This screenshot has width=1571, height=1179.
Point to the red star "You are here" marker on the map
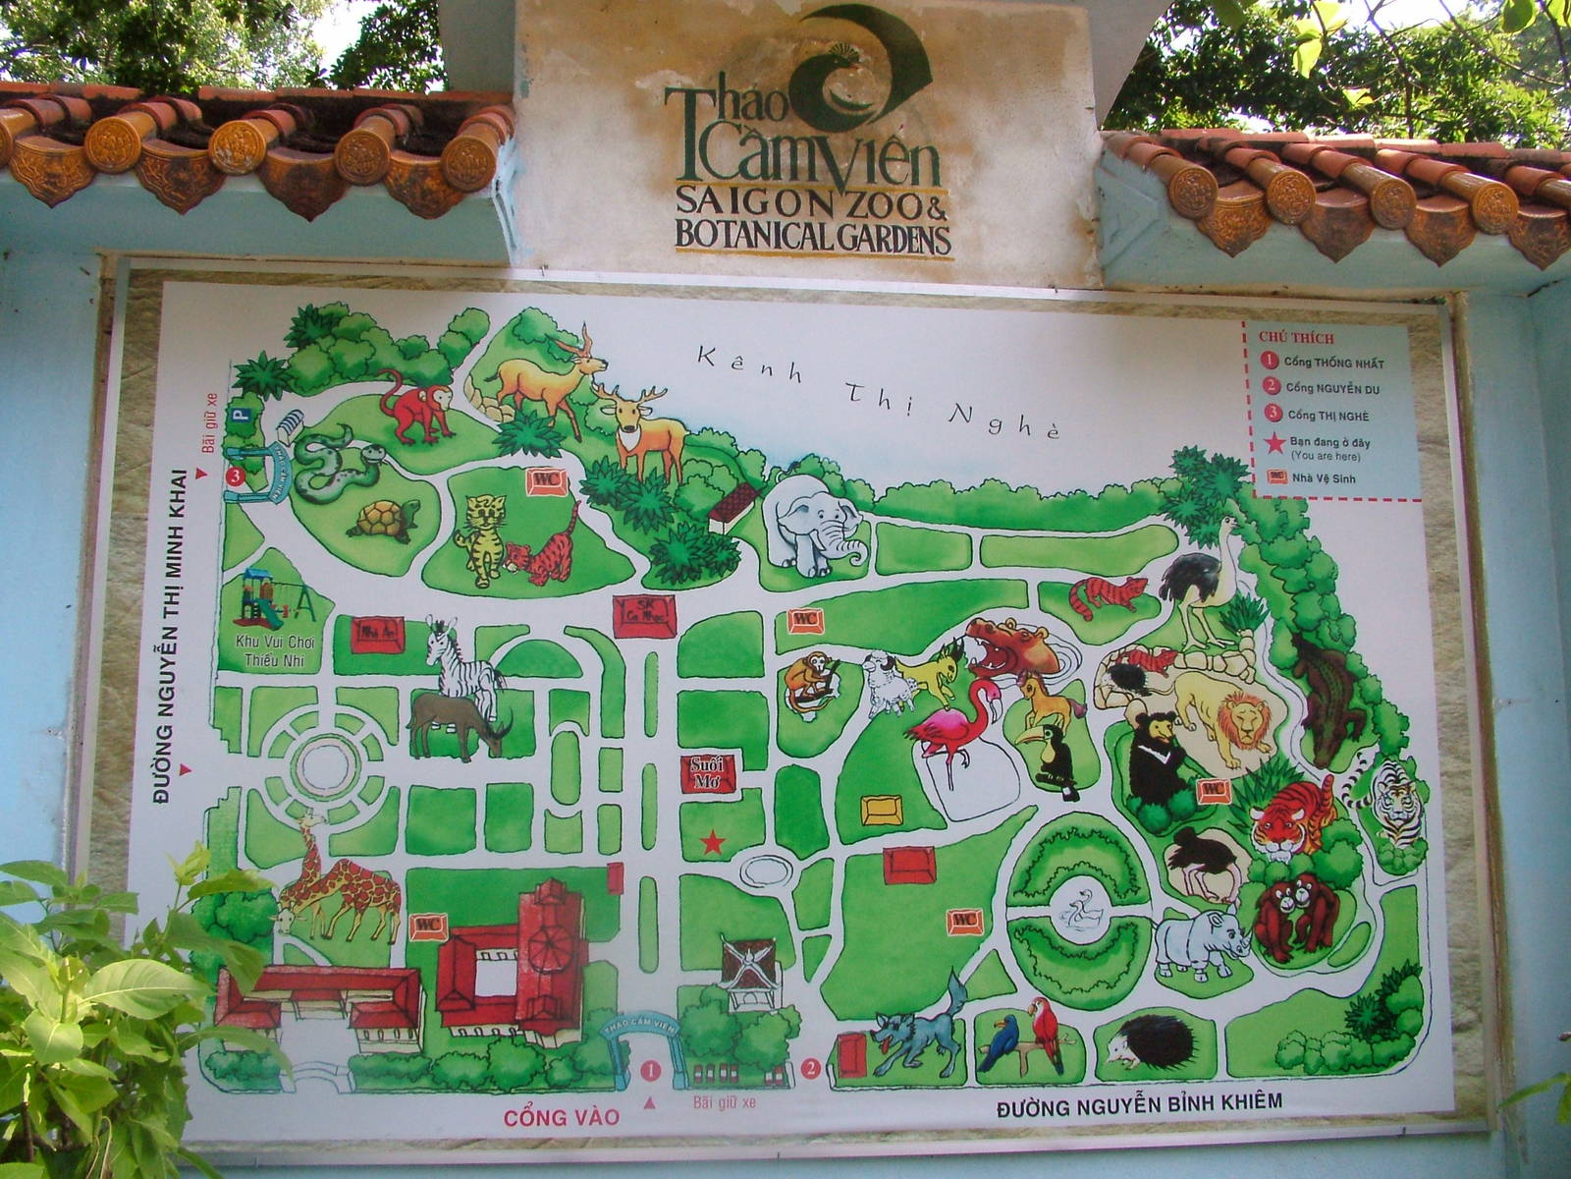713,842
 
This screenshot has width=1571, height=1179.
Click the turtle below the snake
383,519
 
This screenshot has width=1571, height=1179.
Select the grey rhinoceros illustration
1200,942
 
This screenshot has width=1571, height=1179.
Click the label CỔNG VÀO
562,1117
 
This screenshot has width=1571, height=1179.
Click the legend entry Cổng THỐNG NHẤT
1333,363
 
